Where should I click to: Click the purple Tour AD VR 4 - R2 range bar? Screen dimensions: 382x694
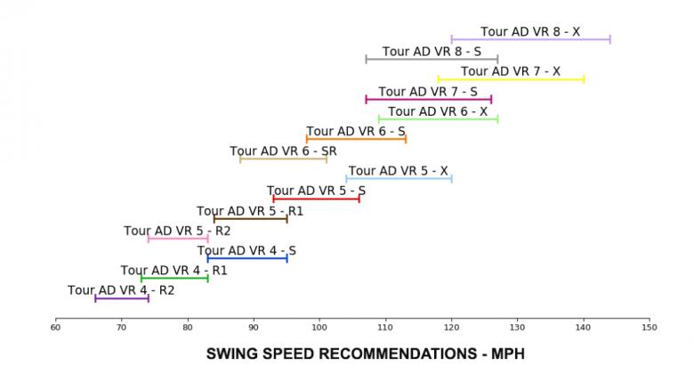tap(122, 298)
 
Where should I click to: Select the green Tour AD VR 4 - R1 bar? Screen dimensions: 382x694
tap(174, 279)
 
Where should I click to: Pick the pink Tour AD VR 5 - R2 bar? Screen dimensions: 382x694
tap(178, 239)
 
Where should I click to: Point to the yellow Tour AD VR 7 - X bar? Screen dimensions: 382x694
tap(511, 79)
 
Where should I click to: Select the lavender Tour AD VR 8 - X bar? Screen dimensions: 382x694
tap(530, 39)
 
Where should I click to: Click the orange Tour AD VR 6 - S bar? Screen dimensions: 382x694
tap(356, 139)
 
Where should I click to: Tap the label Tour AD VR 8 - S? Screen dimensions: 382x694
tap(432, 52)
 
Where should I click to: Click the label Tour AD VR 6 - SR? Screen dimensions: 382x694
tap(283, 151)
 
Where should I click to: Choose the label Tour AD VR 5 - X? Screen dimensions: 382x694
tap(398, 171)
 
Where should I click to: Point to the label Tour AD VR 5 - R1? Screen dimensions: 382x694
tap(250, 212)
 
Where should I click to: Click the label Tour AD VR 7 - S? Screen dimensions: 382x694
tap(428, 92)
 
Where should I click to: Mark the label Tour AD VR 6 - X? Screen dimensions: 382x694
tap(438, 111)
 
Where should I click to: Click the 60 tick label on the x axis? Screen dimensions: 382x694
tap(55, 328)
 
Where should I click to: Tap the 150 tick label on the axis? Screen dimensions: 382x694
tap(650, 328)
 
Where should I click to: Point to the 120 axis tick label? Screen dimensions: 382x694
tap(451, 328)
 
